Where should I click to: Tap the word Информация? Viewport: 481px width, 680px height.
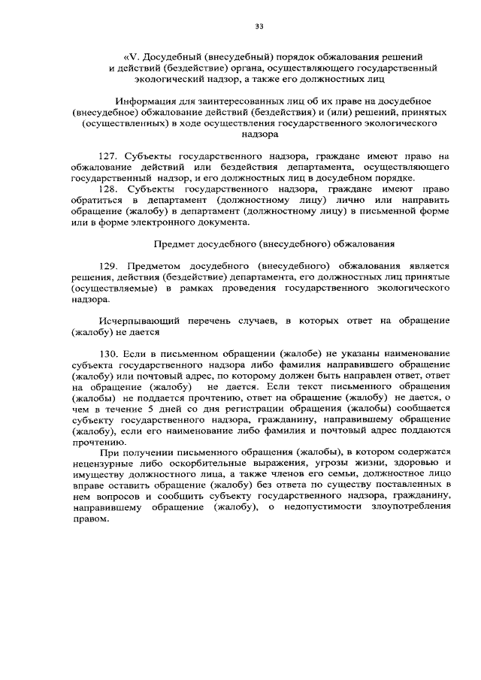point(146,100)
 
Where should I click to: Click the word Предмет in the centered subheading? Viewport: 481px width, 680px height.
point(173,244)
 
